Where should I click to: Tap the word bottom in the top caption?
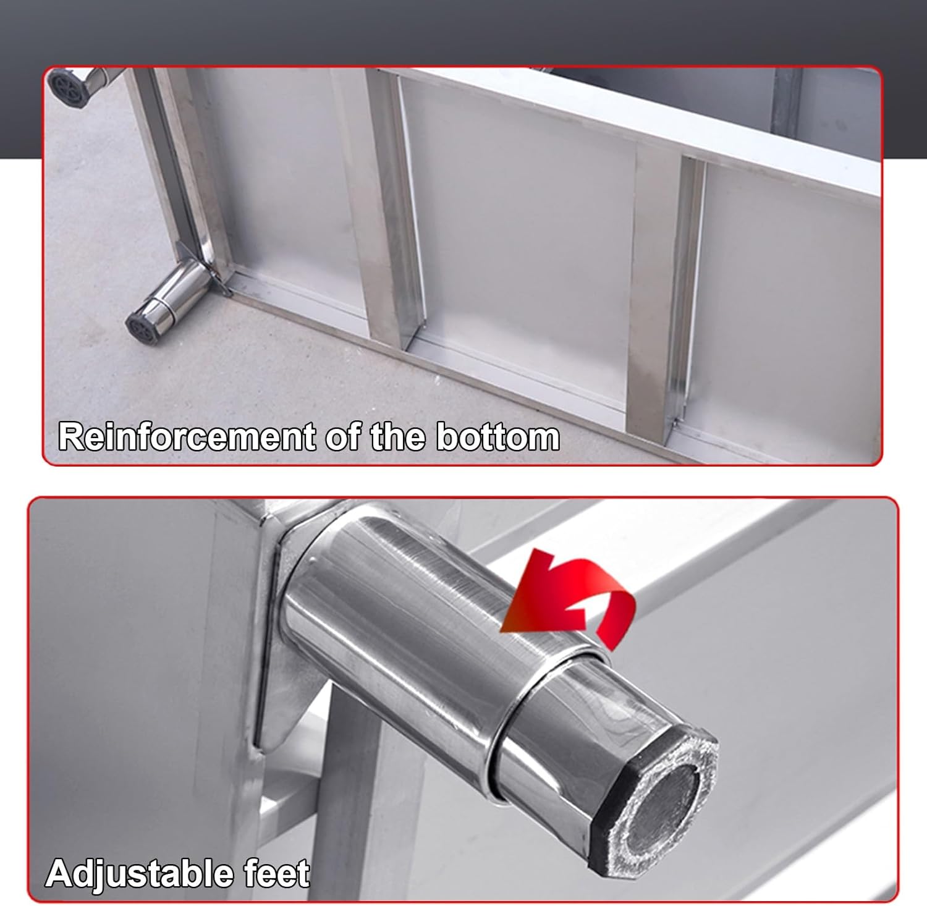coord(497,437)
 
